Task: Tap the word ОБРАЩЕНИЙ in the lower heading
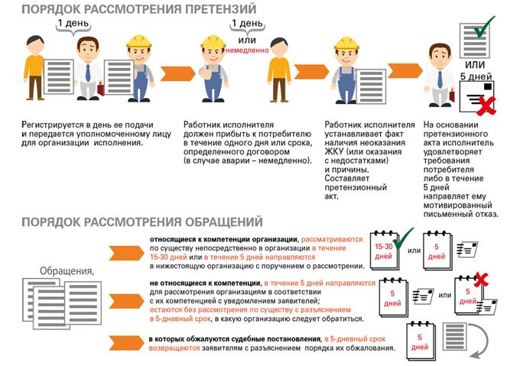click(223, 222)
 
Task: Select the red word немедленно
click(247, 50)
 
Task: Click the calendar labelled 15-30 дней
click(384, 250)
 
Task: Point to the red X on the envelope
click(486, 105)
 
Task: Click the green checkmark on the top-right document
click(484, 27)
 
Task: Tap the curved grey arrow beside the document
click(481, 341)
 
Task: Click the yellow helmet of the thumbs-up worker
click(213, 43)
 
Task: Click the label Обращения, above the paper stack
click(67, 271)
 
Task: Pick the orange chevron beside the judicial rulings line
click(126, 343)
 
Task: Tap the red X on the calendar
click(481, 280)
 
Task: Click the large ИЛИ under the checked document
click(475, 64)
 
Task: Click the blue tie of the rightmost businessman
click(440, 79)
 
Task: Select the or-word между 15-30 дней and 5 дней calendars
click(414, 251)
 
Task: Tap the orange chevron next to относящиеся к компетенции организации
click(126, 253)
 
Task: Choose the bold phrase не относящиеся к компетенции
click(205, 283)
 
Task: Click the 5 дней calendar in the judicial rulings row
click(421, 341)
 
